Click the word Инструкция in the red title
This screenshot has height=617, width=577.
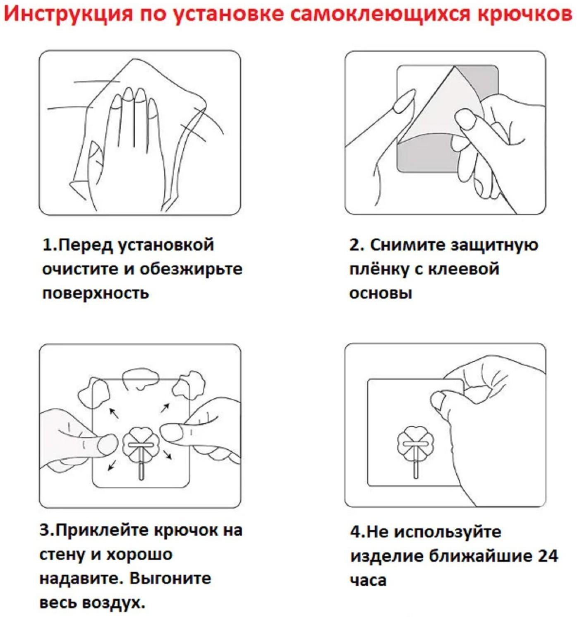69,13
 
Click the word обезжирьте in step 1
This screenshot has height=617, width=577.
191,269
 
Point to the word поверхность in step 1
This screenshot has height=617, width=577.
96,293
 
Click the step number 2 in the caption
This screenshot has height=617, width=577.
355,245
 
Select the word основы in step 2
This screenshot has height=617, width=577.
381,293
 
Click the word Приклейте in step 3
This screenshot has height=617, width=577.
103,530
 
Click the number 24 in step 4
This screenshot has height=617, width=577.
548,556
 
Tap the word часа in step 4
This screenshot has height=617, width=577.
368,580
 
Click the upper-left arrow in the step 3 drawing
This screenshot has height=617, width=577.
113,413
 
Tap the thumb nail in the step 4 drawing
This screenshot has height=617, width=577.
438,401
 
